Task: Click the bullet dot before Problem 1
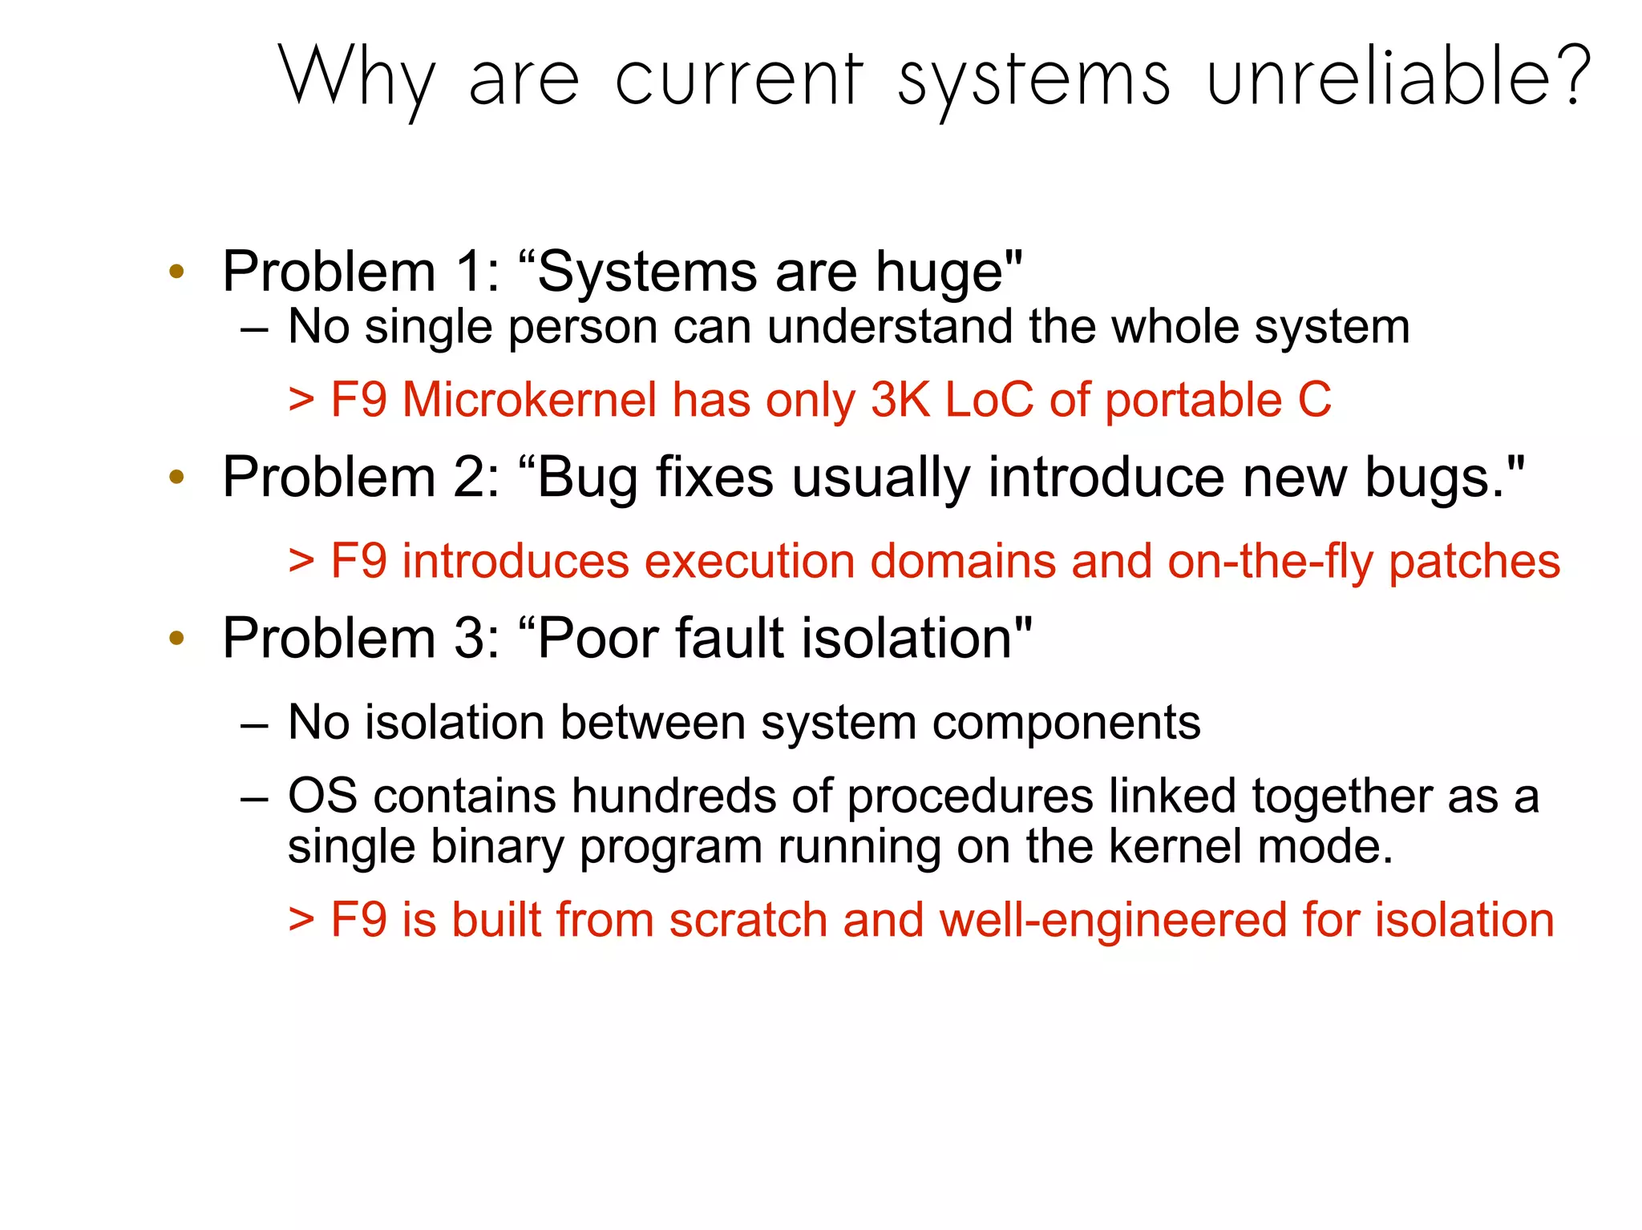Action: tap(176, 271)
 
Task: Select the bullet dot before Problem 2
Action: tap(176, 478)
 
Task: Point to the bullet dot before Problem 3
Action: tap(176, 639)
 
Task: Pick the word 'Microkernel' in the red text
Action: tap(529, 399)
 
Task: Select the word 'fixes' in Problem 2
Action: tap(715, 478)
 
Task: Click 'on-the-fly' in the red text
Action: tap(1271, 561)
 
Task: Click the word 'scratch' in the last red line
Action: tap(748, 919)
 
